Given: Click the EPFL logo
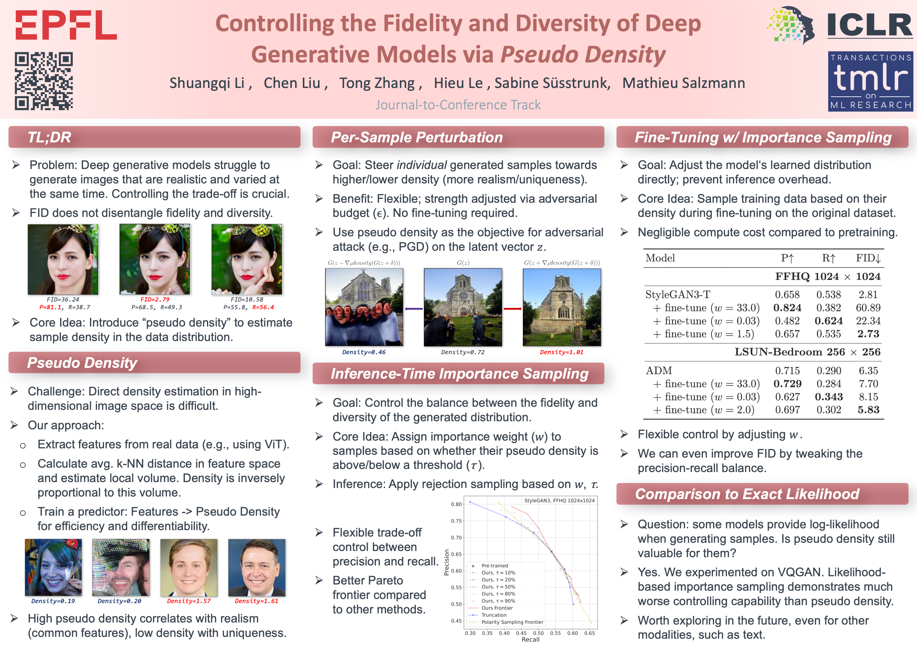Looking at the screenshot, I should (x=66, y=25).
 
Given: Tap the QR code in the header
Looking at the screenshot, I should (x=44, y=81).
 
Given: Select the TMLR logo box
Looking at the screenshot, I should (x=870, y=81).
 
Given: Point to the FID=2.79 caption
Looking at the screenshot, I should (x=155, y=299).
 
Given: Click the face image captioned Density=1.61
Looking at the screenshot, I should (x=257, y=567).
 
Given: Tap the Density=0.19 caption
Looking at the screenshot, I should (x=53, y=601).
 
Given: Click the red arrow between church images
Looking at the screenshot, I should (x=512, y=308).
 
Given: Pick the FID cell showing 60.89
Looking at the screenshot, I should (x=868, y=308).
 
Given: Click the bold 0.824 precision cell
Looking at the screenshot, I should (x=787, y=308).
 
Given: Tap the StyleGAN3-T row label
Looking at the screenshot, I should (x=678, y=295).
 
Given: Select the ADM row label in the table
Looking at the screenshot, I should (x=659, y=370).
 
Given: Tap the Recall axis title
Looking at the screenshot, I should (x=530, y=639).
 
